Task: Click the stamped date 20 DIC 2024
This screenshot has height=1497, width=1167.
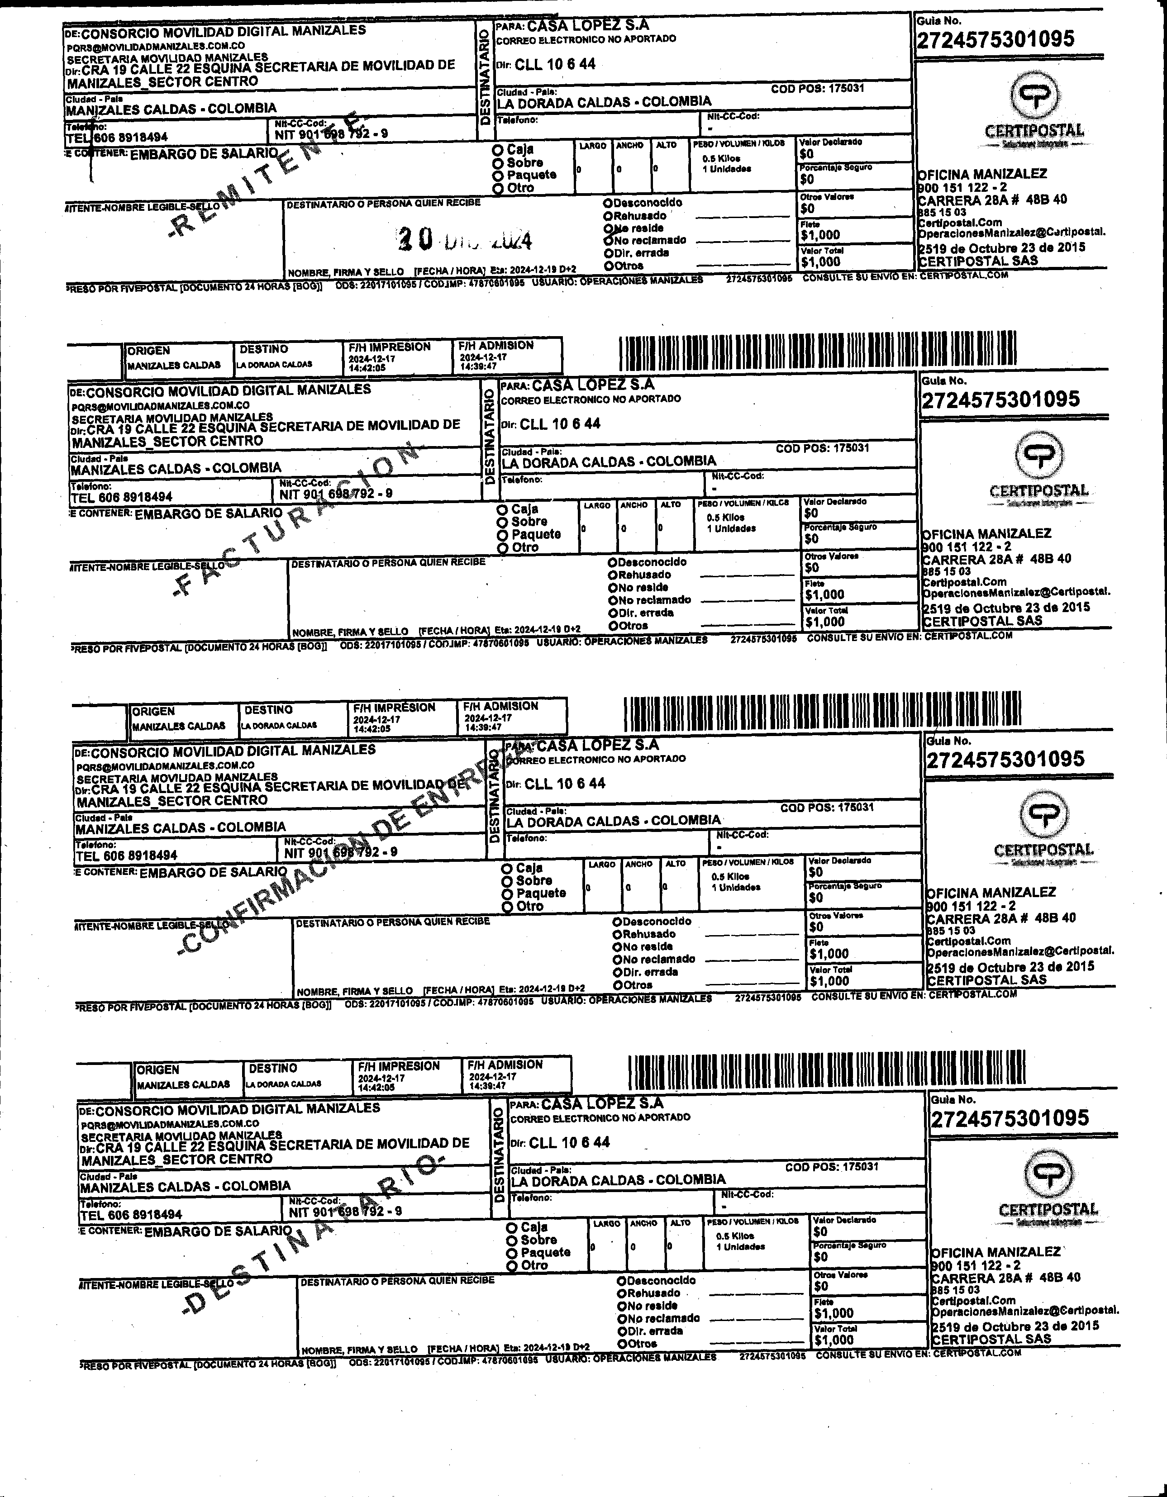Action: (x=464, y=239)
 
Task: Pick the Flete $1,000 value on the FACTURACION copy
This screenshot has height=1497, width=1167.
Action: (x=825, y=594)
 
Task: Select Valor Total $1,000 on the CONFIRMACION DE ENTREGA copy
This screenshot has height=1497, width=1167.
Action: (x=829, y=981)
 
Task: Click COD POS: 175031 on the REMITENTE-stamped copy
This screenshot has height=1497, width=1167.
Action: (x=817, y=88)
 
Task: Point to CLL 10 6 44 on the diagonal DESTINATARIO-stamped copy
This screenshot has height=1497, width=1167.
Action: (x=569, y=1142)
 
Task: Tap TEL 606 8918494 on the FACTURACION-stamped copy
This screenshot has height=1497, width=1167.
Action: (x=121, y=497)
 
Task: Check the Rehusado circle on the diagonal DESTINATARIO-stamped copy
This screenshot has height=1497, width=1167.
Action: (x=621, y=1293)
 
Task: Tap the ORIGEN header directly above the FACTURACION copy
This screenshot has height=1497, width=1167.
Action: (x=148, y=350)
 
